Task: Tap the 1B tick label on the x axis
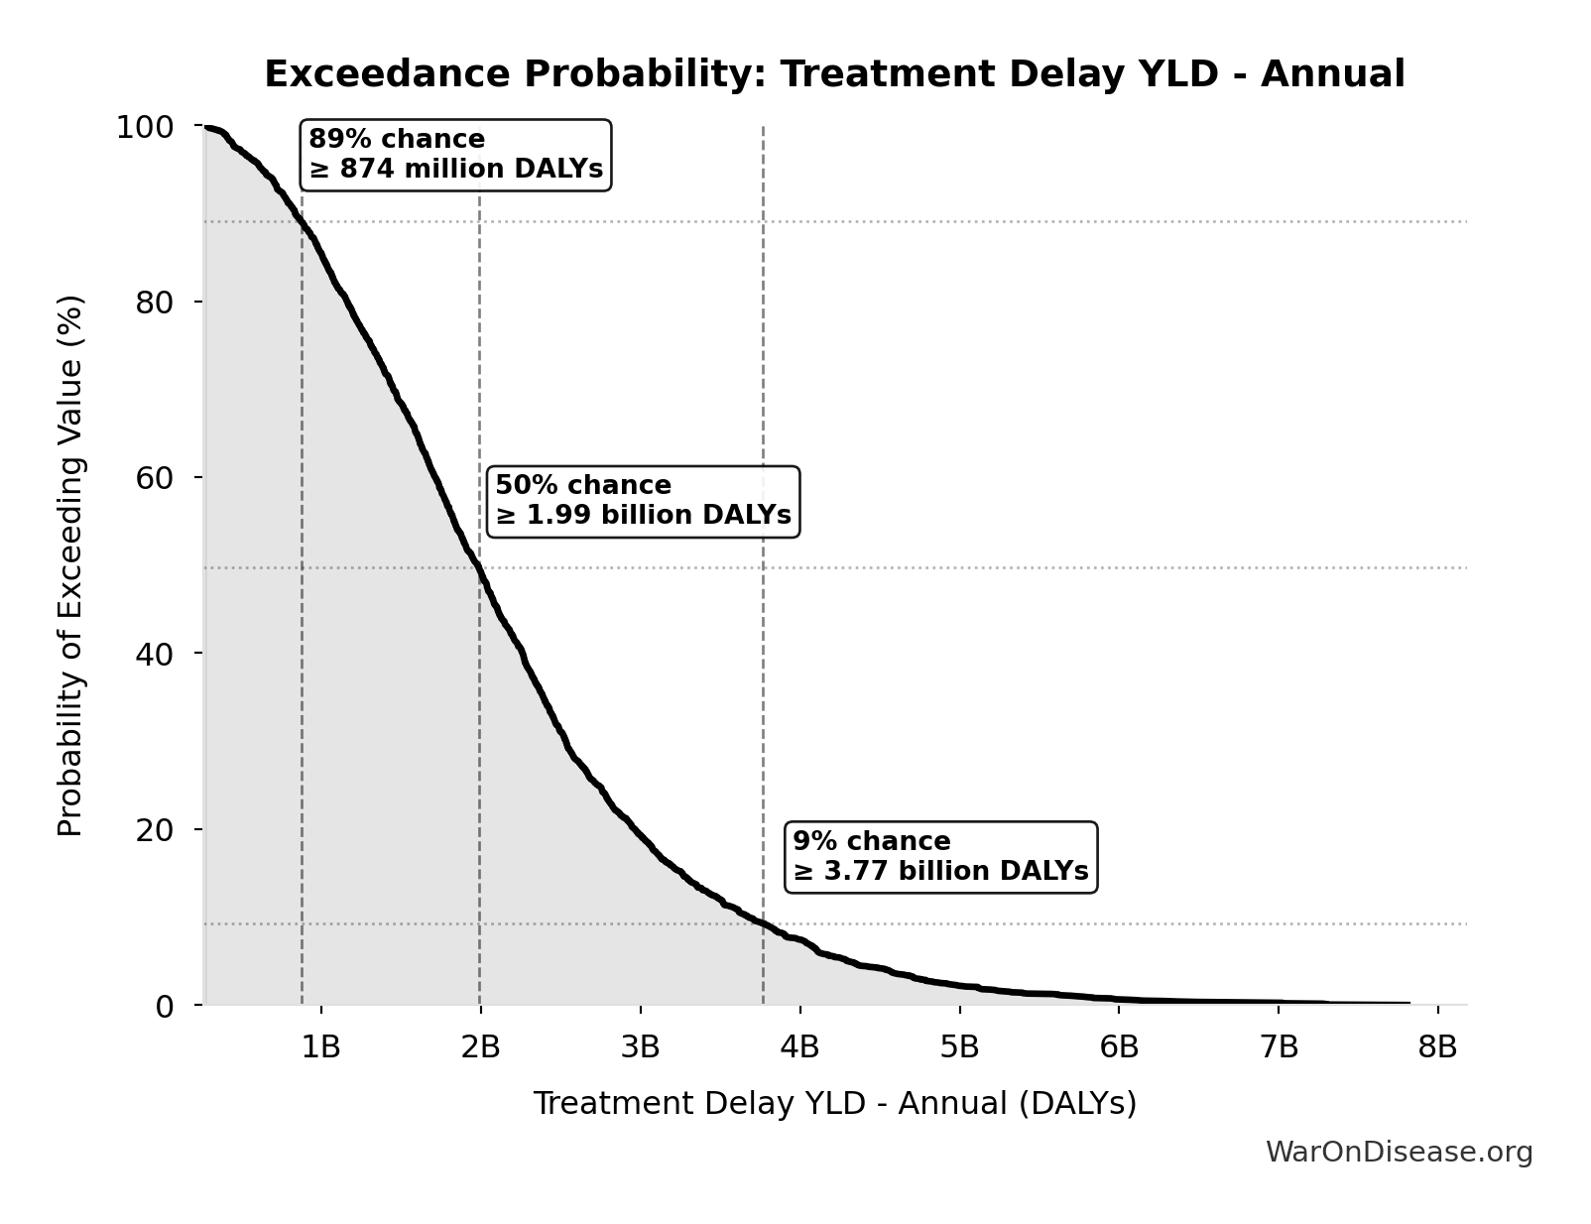pos(320,1046)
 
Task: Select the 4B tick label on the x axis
pos(799,1046)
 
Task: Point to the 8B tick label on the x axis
pos(1437,1046)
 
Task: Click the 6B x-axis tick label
pos(1119,1046)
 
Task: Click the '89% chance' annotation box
pos(455,155)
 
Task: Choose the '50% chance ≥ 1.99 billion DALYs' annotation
pos(643,501)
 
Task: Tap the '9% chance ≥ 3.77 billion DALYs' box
pos(940,857)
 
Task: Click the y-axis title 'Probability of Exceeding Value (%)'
pos(70,565)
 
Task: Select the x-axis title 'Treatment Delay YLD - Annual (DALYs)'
pos(834,1103)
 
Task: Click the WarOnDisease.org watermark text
pos(1399,1152)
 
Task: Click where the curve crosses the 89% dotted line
pos(302,222)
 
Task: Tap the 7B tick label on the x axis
pos(1279,1046)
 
